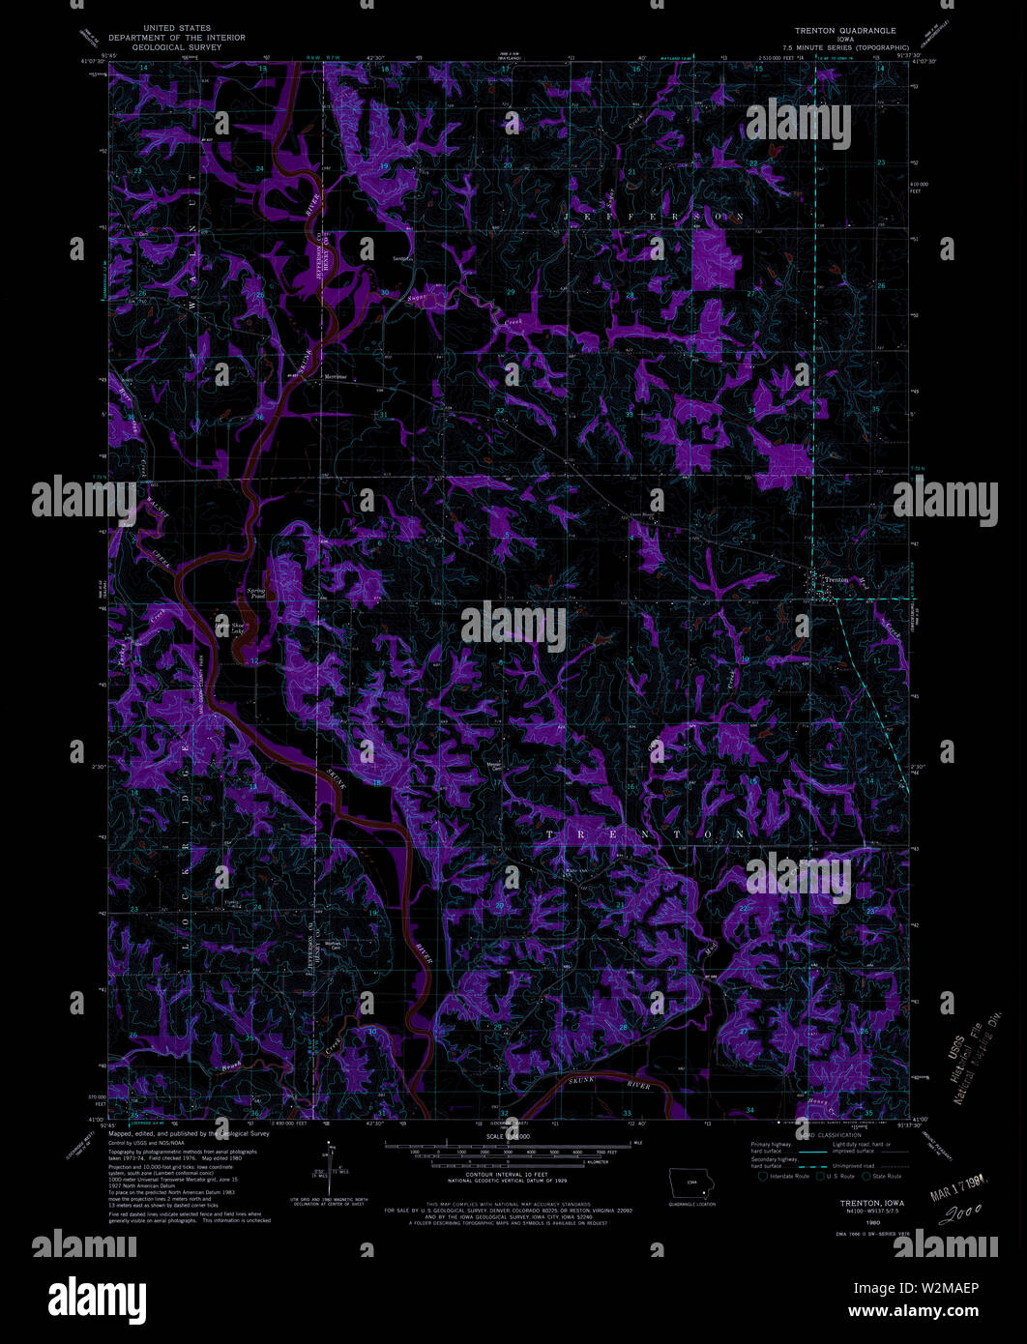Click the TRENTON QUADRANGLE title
click(846, 30)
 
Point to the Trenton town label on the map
click(836, 580)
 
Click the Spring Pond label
click(256, 594)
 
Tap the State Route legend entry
click(886, 1176)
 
